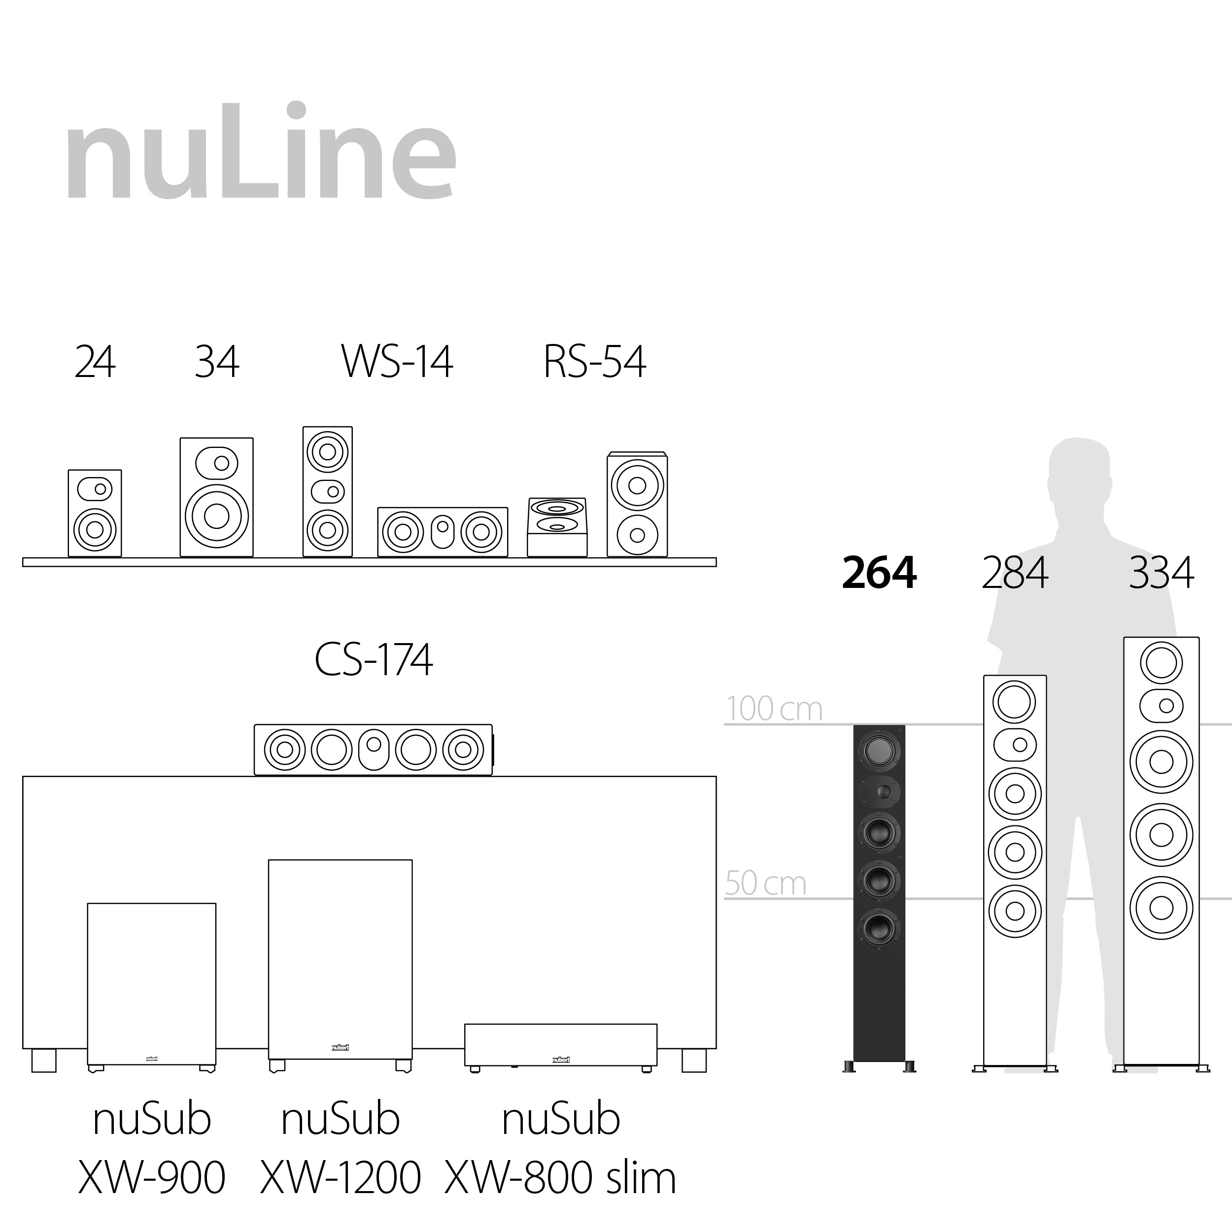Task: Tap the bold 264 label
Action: click(879, 573)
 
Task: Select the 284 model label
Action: click(1015, 573)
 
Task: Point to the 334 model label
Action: click(1161, 573)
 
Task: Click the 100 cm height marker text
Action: click(774, 709)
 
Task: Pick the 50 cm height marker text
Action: click(765, 884)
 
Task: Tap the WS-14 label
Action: click(397, 362)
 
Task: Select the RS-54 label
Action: click(594, 362)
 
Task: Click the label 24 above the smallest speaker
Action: click(95, 362)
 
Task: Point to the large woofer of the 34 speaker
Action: click(217, 516)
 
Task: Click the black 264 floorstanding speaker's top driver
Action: click(879, 750)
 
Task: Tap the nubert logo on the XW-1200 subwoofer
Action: click(340, 1047)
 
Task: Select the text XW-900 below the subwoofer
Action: click(152, 1178)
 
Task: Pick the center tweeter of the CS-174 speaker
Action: click(374, 745)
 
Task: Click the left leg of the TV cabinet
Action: click(43, 1060)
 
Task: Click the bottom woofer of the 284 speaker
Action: click(1015, 911)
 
